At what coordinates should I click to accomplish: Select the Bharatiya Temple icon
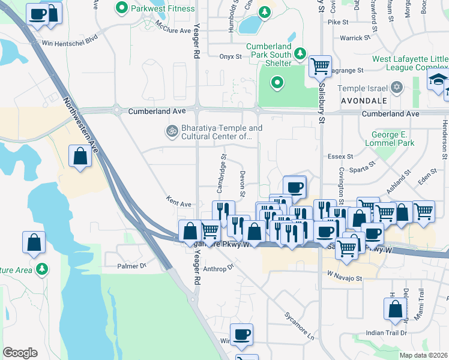tap(171, 130)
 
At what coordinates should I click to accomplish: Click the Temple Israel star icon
tap(396, 88)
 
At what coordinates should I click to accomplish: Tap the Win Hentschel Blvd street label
tap(69, 43)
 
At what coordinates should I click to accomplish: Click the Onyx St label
tap(229, 57)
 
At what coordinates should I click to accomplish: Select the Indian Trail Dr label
tap(387, 332)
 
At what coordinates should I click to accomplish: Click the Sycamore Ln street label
tap(300, 325)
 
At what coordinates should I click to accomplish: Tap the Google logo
tap(20, 352)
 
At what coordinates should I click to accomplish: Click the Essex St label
tap(340, 157)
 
